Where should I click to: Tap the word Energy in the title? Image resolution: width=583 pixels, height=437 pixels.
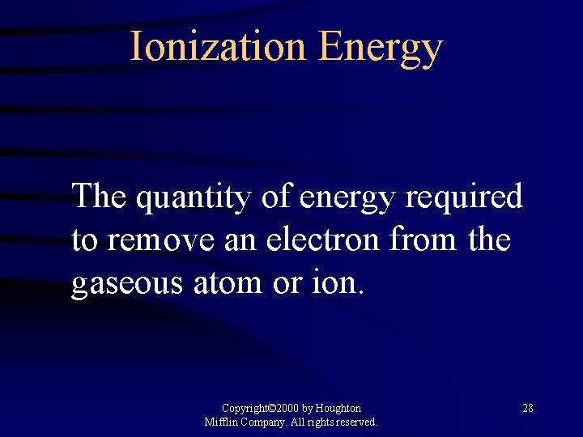click(380, 49)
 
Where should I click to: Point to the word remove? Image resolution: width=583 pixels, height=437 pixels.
click(160, 241)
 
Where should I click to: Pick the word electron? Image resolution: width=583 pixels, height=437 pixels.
click(331, 240)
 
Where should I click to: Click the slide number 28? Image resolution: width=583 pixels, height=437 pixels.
click(527, 408)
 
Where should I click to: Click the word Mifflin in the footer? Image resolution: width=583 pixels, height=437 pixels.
click(221, 422)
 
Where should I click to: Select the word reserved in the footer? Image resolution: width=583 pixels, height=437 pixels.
click(356, 422)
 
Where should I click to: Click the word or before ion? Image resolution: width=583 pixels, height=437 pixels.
click(286, 284)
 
